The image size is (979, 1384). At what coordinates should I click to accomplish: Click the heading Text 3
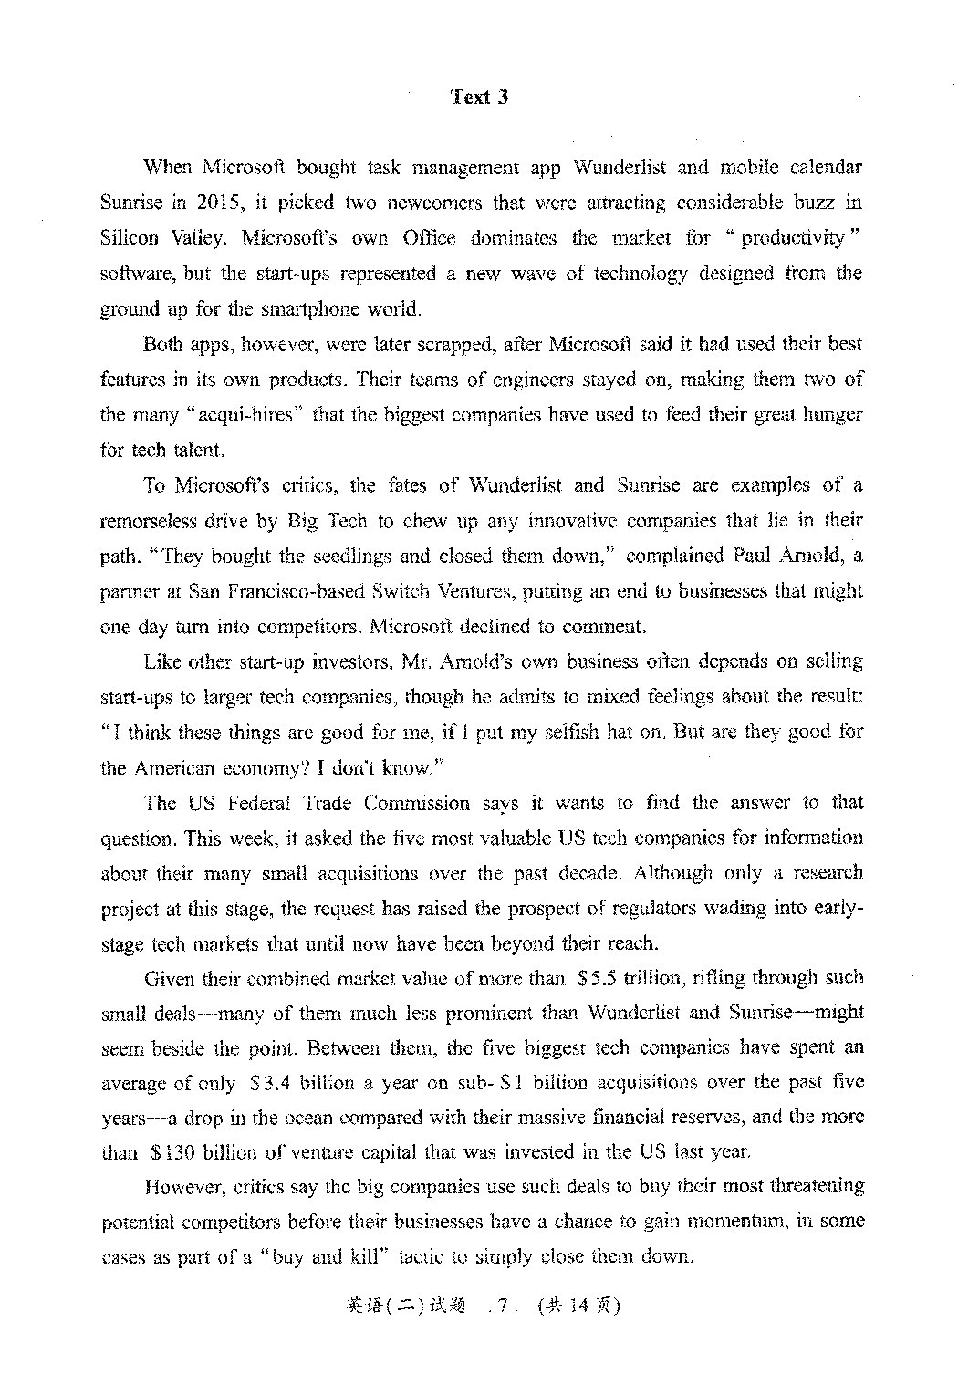(x=480, y=98)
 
